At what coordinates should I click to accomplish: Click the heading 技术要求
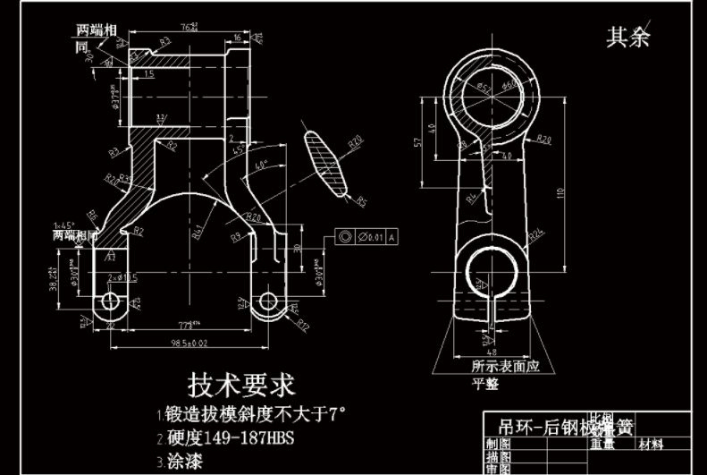coord(240,386)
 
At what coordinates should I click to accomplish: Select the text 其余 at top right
coord(628,37)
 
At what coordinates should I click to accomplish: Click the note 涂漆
coord(183,462)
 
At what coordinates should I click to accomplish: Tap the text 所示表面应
coord(506,366)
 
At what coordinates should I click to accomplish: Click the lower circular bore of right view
coord(488,269)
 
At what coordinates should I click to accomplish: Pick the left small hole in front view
coord(111,301)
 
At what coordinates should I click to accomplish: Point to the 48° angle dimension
coord(262,165)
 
